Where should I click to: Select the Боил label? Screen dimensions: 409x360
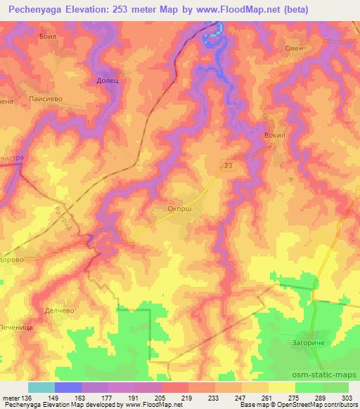[48, 35]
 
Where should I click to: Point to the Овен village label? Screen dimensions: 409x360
[293, 48]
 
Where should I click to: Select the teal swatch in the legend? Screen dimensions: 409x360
[41, 387]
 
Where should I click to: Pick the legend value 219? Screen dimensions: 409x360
[188, 398]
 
